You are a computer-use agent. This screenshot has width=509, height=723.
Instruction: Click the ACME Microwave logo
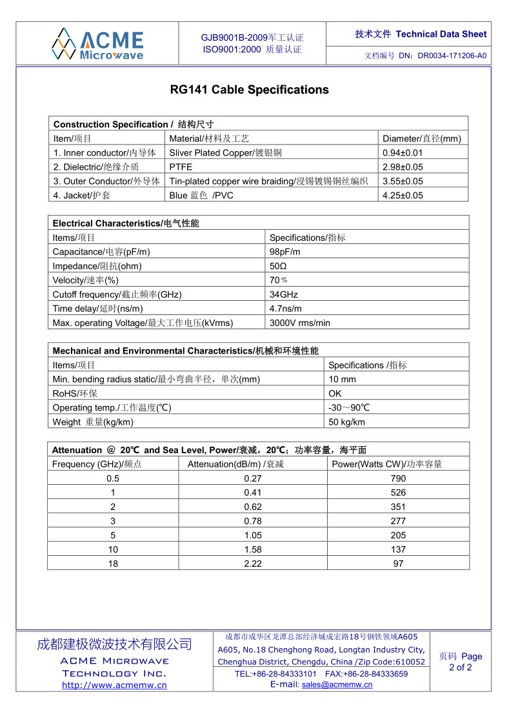[97, 43]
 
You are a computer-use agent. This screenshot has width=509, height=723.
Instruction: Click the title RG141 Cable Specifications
[249, 90]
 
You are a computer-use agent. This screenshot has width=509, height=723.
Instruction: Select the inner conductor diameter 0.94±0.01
[403, 153]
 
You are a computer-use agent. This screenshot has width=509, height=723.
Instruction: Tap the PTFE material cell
[181, 167]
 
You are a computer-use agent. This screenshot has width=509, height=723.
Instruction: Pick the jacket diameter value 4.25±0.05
[403, 196]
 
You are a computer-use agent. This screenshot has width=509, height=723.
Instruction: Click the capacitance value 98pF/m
[284, 252]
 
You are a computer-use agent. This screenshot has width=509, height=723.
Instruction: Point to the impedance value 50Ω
[278, 266]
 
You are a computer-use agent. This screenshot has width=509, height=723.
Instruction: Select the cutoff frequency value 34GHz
[284, 294]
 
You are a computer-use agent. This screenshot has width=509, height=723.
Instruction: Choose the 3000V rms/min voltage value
[299, 323]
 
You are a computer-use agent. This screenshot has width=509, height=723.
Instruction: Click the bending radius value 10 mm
[342, 380]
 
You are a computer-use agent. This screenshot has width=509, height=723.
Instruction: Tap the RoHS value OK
[335, 394]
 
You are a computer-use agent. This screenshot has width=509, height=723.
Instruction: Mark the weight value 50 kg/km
[346, 422]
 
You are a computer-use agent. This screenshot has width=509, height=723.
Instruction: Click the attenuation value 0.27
[253, 478]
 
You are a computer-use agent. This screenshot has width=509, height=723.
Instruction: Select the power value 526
[398, 493]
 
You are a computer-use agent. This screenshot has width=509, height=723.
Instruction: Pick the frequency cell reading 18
[113, 564]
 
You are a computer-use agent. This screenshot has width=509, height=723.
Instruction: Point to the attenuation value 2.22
[253, 564]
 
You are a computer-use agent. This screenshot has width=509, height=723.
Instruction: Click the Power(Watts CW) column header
[386, 464]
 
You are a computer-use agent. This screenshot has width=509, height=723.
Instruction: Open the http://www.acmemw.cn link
[114, 686]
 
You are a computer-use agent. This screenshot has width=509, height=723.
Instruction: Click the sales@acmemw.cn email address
[337, 685]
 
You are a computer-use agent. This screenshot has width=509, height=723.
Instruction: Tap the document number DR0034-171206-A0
[452, 56]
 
